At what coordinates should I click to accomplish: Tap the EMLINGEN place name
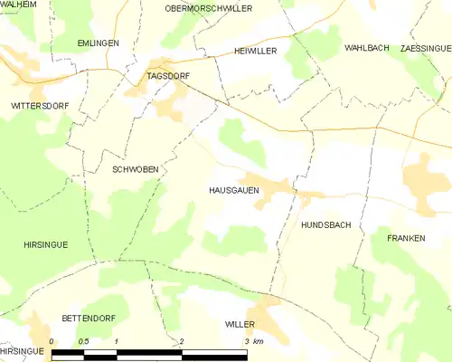click(98, 43)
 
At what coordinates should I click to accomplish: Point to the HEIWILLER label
click(255, 52)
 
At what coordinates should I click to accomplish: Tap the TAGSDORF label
click(168, 78)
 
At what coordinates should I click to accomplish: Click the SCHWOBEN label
click(134, 169)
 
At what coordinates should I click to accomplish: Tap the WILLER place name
click(240, 323)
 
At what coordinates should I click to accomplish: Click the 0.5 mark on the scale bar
click(84, 341)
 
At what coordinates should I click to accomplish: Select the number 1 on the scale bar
click(117, 341)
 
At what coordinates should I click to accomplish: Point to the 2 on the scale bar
click(182, 341)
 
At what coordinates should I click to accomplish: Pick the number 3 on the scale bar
click(247, 341)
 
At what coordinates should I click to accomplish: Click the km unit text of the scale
click(259, 341)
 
